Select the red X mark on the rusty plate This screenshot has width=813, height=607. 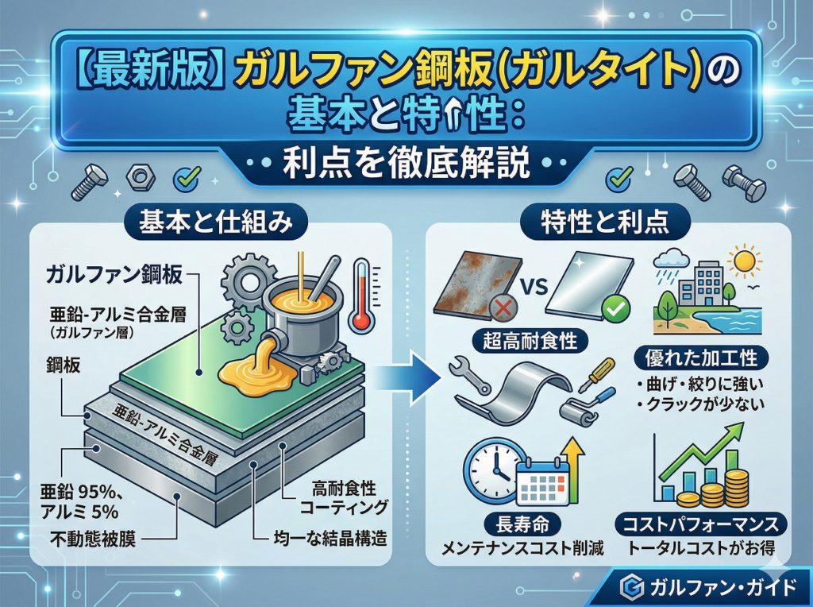point(500,309)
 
